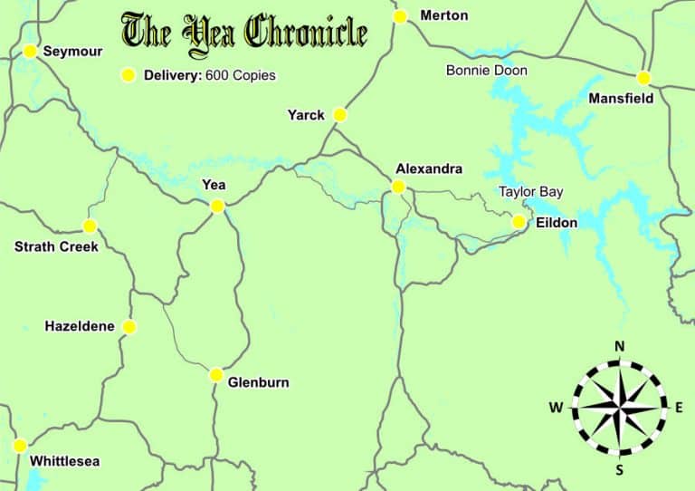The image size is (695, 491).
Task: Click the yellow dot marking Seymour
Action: pos(30,52)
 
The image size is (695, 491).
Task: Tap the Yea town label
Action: pos(214,185)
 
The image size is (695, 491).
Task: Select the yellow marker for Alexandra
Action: pos(397,187)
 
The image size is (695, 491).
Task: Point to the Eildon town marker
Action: pos(519,222)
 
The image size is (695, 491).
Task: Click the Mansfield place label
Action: pos(621,98)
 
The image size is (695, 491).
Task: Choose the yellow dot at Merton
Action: pos(400,16)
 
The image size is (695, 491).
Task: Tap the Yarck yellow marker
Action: pos(339,115)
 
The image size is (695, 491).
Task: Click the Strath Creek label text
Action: pos(56,246)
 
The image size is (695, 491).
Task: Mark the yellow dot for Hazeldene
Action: pos(129,326)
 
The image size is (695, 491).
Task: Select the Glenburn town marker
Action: pos(216,375)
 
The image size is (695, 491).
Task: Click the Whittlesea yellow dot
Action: pos(20,446)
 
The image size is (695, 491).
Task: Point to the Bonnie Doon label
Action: pos(487,71)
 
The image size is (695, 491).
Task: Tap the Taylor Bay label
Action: pos(531,192)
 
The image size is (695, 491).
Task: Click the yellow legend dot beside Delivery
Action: pos(129,75)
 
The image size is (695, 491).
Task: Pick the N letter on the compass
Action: pos(620,346)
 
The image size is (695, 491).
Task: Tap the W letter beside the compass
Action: pos(555,408)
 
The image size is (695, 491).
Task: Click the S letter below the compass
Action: pos(620,469)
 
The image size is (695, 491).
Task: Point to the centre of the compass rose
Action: pos(620,408)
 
